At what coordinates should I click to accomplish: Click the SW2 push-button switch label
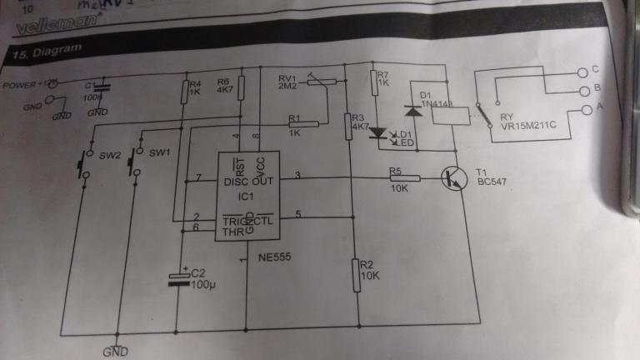(111, 155)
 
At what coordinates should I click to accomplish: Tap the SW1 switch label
(159, 152)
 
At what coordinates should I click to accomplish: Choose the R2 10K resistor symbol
(356, 272)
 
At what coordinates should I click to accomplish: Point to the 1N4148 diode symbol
(409, 110)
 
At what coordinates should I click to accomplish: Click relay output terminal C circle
(582, 71)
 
